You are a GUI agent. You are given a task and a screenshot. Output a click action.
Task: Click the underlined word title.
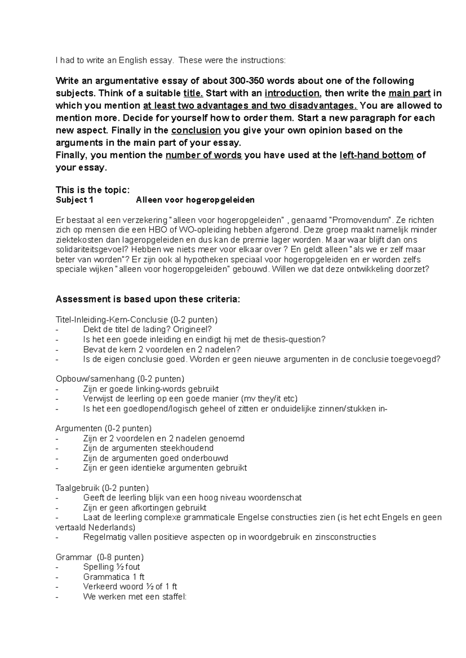[193, 93]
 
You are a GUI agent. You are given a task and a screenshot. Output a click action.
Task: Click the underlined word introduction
[292, 93]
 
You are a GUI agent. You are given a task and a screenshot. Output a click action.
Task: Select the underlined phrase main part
[409, 93]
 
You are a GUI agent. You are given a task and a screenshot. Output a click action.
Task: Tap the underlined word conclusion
[196, 130]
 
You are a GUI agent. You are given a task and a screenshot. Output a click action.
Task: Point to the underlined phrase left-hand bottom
[376, 155]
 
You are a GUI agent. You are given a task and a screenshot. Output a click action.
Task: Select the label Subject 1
[75, 200]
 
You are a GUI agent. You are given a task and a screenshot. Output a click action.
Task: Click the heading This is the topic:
[92, 190]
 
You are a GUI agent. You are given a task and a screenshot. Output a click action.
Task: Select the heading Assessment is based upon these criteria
[148, 299]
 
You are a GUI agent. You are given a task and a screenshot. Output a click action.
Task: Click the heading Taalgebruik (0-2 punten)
[102, 488]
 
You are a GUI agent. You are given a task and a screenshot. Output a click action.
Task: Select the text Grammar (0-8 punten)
[99, 557]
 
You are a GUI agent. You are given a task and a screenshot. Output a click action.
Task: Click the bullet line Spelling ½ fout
[111, 567]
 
